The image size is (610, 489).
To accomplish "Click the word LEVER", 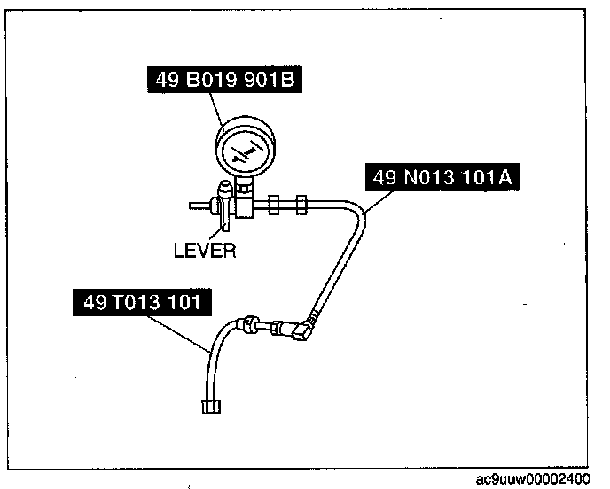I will (204, 251).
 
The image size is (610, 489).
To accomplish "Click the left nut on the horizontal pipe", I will (275, 203).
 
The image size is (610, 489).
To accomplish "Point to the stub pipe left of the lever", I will (199, 208).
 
